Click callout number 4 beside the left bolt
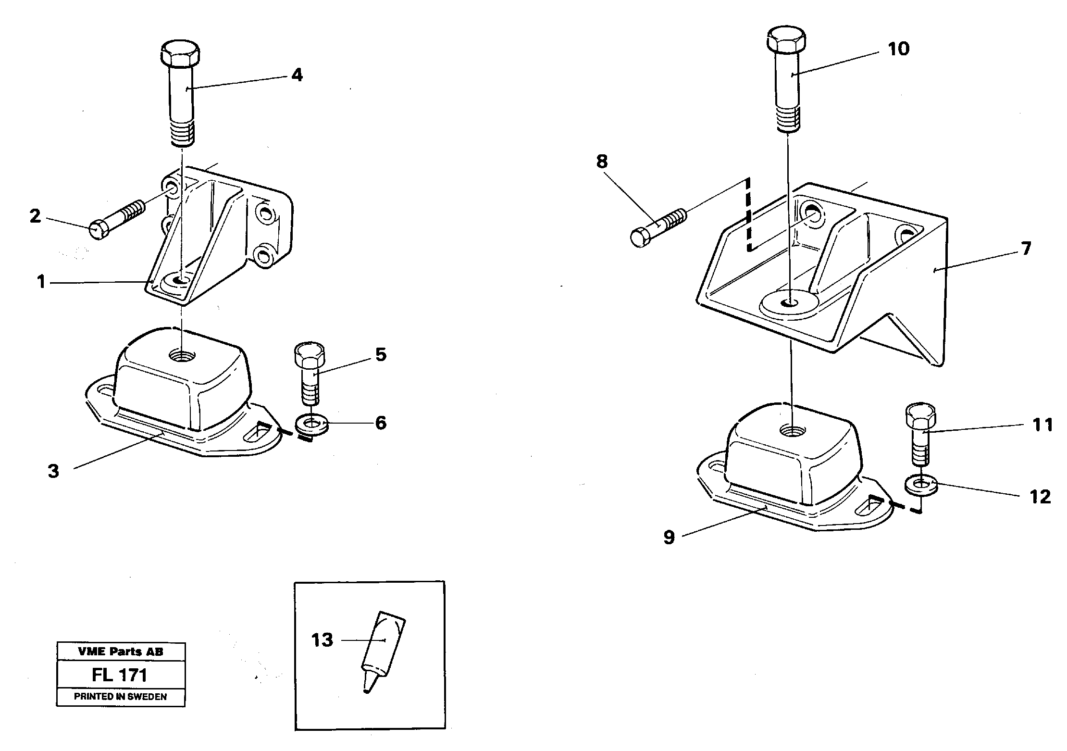point(297,75)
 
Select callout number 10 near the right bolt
point(898,49)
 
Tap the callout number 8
point(602,162)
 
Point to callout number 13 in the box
point(322,640)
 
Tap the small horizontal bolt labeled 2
point(117,220)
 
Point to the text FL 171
point(120,675)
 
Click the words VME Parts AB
point(120,651)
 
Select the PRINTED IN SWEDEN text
point(120,697)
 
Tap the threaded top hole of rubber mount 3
point(182,356)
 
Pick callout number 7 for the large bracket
point(1026,249)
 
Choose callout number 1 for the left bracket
point(41,282)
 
